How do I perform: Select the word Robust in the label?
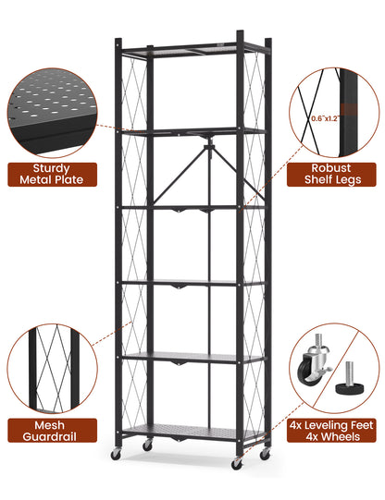[x=328, y=169]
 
